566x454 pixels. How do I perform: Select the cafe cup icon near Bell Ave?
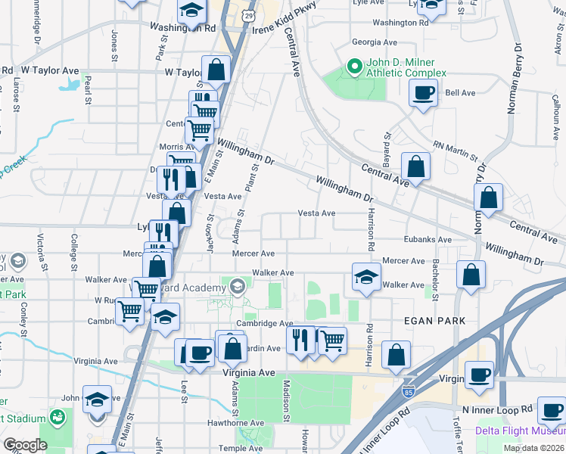[x=423, y=93]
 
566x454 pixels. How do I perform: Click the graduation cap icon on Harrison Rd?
[x=365, y=277]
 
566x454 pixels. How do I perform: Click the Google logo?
[x=25, y=444]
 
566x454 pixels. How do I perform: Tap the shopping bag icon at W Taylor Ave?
[x=216, y=70]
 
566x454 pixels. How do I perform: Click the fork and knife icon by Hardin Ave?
[x=301, y=340]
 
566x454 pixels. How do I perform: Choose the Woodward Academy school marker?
[x=238, y=286]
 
